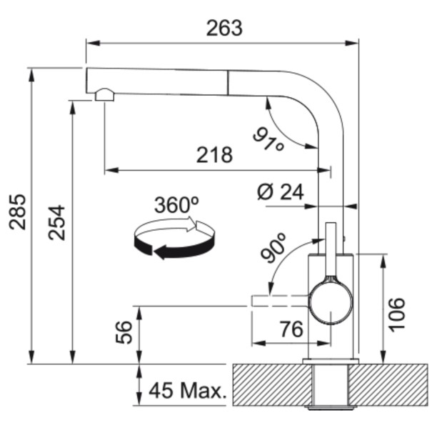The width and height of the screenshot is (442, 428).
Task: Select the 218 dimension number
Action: tap(215, 154)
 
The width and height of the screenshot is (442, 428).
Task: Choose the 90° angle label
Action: tap(273, 247)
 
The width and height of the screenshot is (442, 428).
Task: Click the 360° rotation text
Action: tap(176, 206)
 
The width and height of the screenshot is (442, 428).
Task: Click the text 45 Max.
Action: tap(187, 392)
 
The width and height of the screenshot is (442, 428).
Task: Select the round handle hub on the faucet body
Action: tap(330, 301)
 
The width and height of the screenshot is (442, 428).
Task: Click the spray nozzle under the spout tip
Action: tap(104, 94)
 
